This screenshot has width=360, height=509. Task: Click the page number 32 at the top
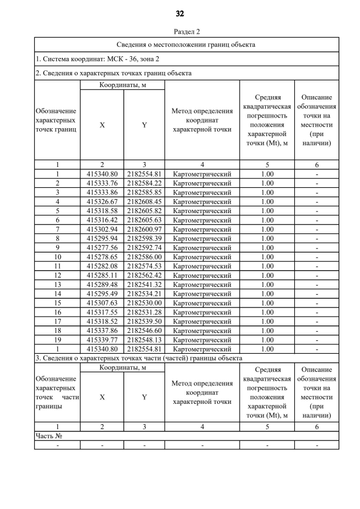[x=180, y=13]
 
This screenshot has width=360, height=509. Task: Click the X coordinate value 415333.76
[x=102, y=183]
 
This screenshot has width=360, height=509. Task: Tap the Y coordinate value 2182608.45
[x=144, y=201]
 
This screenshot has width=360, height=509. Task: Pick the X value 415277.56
[x=102, y=247]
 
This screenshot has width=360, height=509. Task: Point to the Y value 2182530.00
[x=144, y=303]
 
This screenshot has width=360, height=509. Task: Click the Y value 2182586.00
[x=144, y=257]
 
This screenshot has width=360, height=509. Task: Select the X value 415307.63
[x=102, y=303]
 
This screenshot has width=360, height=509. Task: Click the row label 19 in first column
[x=57, y=340]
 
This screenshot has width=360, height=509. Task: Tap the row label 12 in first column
[x=57, y=275]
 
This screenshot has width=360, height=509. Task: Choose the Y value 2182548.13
[x=144, y=340]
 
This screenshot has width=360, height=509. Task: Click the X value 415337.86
[x=102, y=331]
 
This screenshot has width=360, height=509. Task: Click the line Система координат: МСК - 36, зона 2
[x=97, y=58]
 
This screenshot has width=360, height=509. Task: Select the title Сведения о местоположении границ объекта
[x=186, y=44]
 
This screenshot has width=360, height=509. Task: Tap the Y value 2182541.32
[x=144, y=285]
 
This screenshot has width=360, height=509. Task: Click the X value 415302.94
[x=102, y=229]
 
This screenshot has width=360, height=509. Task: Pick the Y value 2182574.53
[x=144, y=266]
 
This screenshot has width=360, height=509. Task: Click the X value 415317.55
[x=102, y=312]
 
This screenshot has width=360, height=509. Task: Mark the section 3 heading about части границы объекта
[x=138, y=358]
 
